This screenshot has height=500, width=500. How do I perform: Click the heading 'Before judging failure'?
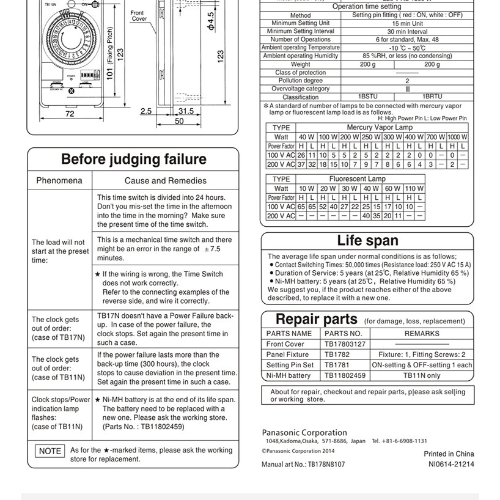point(133,160)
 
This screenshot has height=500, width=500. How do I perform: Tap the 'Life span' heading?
point(367,240)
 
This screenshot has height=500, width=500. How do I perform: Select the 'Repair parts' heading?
point(316,319)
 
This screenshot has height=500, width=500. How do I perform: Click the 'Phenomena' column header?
point(59,180)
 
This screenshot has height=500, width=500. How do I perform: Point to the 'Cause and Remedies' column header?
point(166,180)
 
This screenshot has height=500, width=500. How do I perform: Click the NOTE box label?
point(50,451)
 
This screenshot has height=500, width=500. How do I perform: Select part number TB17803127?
point(345,344)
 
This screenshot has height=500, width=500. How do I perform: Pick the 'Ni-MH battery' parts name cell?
point(289,375)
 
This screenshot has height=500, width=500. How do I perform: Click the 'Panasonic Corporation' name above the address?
point(304,433)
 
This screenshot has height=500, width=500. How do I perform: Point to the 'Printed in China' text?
point(449,454)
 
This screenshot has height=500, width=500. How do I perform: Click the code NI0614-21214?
point(451,464)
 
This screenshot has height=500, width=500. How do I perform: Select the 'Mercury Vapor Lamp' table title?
point(380,127)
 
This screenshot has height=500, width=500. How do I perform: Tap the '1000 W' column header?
point(457,137)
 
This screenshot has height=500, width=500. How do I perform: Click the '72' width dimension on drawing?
point(70,113)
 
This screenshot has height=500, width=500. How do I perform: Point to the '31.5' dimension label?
point(185,111)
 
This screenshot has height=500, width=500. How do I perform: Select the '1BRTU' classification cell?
point(432,97)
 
